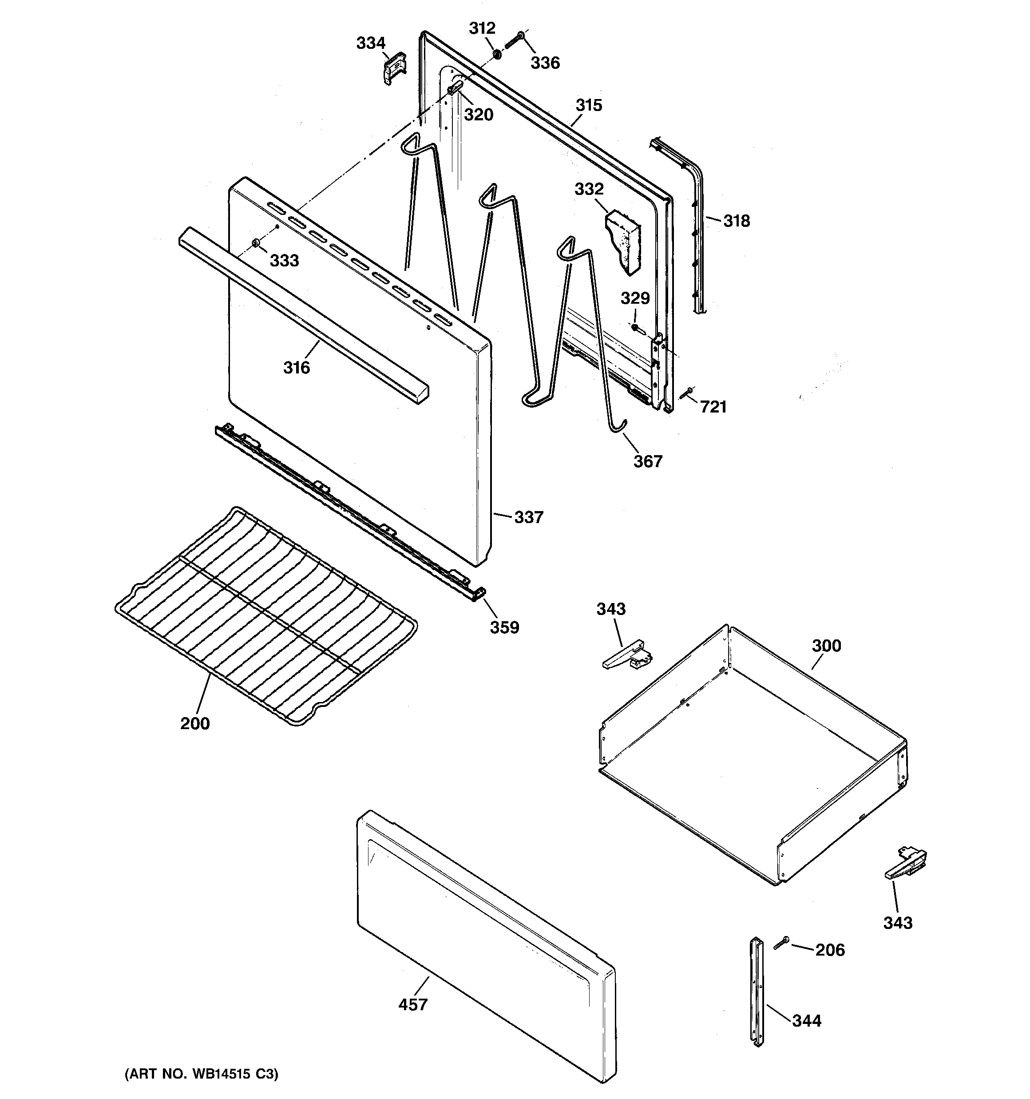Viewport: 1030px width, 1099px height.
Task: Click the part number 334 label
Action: click(370, 43)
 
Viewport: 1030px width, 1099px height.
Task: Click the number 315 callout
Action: click(588, 105)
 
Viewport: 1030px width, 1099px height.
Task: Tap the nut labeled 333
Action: click(256, 243)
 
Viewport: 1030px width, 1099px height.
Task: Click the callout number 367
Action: click(647, 461)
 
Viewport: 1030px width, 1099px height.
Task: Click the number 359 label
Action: click(504, 627)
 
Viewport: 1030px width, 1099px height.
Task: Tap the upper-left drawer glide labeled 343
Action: click(626, 656)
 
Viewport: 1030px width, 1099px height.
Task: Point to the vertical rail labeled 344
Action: click(755, 989)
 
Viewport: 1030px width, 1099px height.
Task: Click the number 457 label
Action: click(413, 1004)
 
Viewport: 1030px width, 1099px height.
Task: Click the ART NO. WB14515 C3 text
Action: click(201, 1074)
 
